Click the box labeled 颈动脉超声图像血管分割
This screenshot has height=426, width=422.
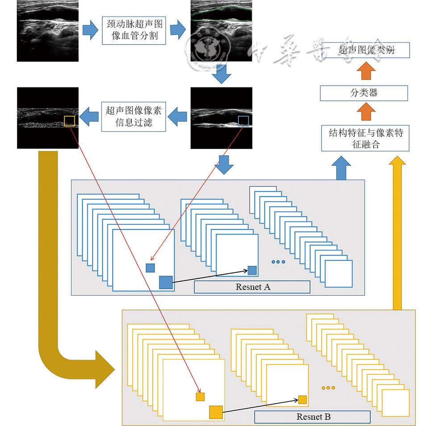pos(134,30)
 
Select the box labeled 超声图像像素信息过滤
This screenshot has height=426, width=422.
pos(134,116)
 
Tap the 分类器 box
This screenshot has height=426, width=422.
pos(364,93)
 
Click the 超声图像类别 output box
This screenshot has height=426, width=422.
pos(366,50)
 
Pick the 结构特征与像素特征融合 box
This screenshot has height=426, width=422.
pos(365,138)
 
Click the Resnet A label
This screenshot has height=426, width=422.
pos(252,287)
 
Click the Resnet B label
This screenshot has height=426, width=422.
pos(313,417)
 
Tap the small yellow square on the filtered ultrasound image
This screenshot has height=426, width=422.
pos(69,121)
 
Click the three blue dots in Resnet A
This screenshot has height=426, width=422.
pos(278,262)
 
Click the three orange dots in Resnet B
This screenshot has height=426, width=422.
pos(328,388)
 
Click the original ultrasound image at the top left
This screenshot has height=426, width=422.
pos(48,30)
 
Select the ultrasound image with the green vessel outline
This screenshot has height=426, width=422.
pos(221,30)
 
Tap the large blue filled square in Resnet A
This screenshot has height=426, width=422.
pos(166,282)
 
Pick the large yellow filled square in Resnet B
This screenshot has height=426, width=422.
pos(216,412)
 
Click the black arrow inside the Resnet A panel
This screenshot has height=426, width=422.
pos(210,276)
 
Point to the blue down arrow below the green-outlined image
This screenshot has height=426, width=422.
pos(221,74)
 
